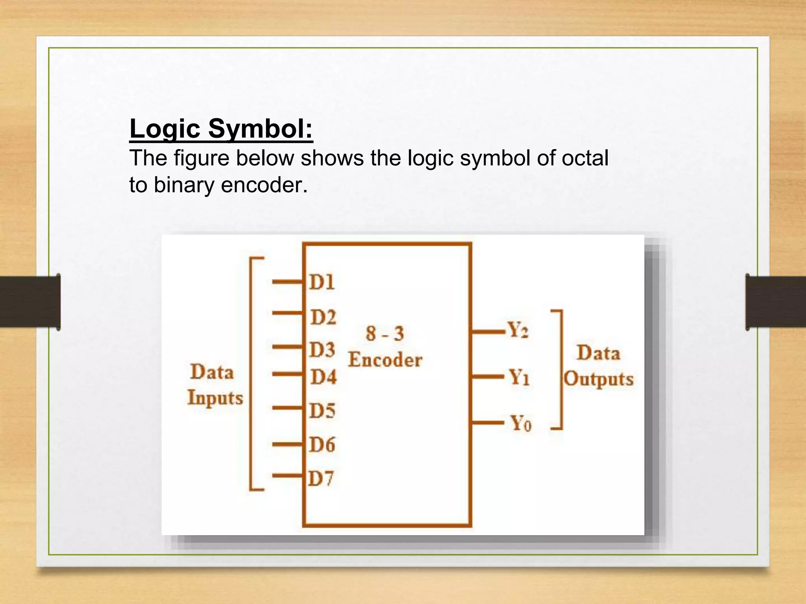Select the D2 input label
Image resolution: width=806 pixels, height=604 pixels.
click(323, 317)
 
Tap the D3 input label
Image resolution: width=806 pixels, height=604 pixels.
click(322, 350)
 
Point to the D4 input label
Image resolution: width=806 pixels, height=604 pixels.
click(324, 377)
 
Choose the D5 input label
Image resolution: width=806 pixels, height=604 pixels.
click(322, 411)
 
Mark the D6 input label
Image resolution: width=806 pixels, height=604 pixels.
click(322, 445)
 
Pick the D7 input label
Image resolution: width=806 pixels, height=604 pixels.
click(321, 479)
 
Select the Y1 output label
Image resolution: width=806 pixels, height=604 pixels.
click(519, 377)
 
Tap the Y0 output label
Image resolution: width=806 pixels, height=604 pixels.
click(521, 424)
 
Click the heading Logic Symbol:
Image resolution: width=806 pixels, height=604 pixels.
click(221, 129)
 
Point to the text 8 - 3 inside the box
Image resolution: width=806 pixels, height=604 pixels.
click(385, 333)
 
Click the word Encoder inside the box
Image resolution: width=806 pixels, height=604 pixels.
click(385, 360)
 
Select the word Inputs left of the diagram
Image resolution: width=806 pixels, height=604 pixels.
click(215, 398)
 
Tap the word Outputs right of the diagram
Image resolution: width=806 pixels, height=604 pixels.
click(598, 379)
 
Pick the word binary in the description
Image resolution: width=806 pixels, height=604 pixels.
click(184, 185)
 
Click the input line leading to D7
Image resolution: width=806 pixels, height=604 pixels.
click(287, 476)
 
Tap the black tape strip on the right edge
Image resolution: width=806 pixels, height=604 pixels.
click(775, 302)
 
